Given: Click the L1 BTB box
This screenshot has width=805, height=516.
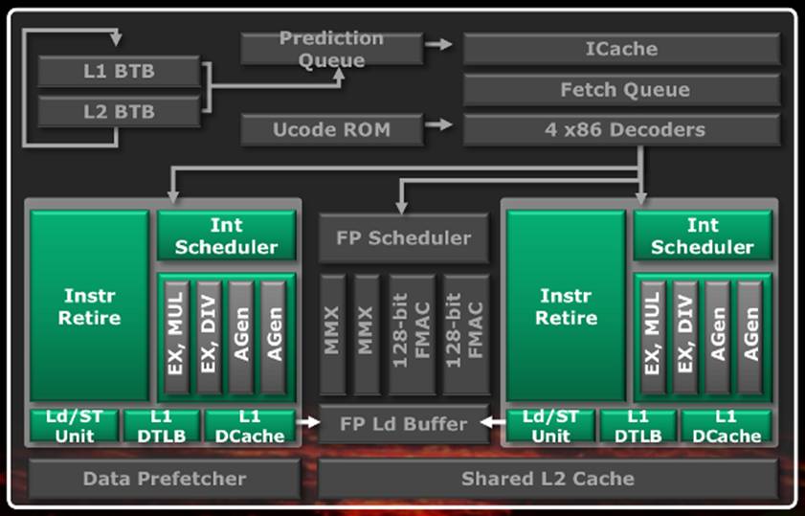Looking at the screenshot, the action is [x=119, y=72].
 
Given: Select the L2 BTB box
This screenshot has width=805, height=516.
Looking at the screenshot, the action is [x=119, y=111].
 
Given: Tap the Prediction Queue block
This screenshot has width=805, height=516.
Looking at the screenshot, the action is [x=331, y=49].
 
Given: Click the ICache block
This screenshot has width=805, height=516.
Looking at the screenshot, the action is [x=622, y=49].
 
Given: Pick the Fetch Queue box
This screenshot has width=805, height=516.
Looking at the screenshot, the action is [x=622, y=89].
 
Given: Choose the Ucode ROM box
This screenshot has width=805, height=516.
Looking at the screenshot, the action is [x=331, y=129].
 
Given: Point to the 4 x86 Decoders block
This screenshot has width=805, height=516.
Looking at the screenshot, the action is [x=622, y=129].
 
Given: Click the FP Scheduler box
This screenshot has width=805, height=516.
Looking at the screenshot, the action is [x=404, y=237].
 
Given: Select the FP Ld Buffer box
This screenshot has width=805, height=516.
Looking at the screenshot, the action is [x=404, y=423].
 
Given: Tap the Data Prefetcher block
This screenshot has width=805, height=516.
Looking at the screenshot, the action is [x=165, y=479].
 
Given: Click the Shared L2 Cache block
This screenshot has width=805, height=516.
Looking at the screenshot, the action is [x=548, y=479].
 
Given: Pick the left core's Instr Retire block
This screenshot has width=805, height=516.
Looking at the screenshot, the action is [x=89, y=306].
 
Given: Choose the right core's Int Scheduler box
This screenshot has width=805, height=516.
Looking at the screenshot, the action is [x=703, y=236].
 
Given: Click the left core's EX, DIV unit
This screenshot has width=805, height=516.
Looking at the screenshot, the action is [x=209, y=337].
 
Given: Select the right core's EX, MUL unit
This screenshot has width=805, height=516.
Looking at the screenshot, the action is [x=653, y=337].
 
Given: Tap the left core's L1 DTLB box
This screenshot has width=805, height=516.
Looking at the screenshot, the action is [x=161, y=426].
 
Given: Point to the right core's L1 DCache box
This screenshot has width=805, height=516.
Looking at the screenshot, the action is [x=727, y=426].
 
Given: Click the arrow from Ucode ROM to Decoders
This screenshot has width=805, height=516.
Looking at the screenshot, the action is [x=439, y=124].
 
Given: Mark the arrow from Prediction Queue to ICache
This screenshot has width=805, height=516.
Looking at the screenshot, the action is [x=439, y=44].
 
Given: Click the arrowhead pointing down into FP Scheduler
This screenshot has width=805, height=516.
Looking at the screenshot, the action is [x=401, y=207].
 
